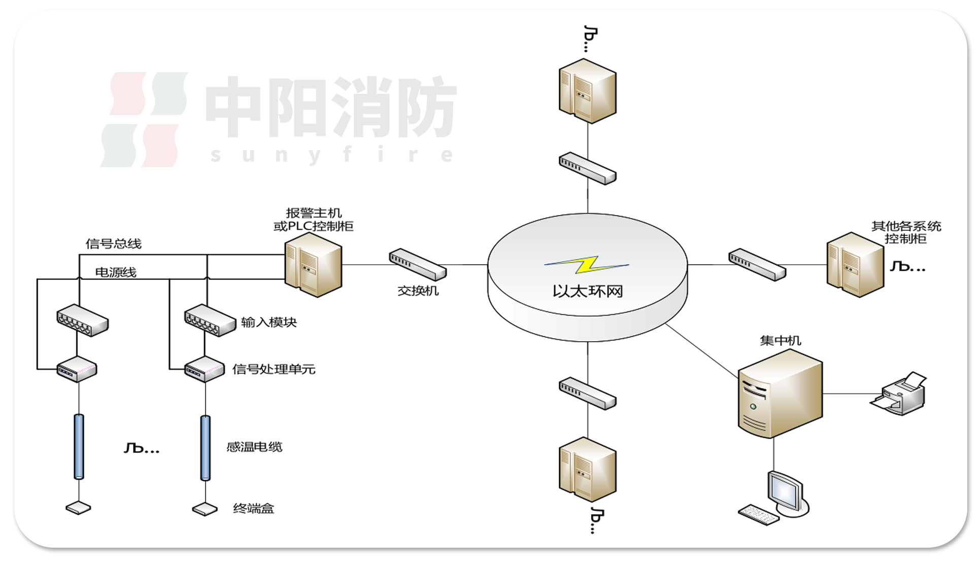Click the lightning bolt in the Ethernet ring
(587, 264)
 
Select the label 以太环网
(587, 291)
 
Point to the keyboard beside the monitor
(758, 515)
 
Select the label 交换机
(418, 291)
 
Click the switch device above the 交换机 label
(417, 264)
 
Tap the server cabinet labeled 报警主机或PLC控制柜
(313, 264)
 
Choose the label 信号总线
(113, 244)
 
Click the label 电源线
(116, 273)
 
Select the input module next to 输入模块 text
(210, 320)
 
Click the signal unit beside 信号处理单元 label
(205, 369)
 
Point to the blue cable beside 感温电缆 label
(205, 447)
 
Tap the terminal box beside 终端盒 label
(205, 509)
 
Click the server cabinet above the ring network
(587, 91)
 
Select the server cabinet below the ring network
(587, 469)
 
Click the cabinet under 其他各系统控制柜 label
(855, 264)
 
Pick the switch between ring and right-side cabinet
(757, 264)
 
